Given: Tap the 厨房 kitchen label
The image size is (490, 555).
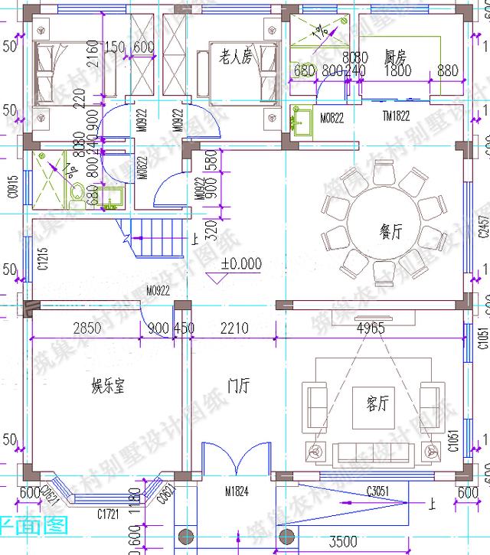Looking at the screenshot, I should click(395, 57).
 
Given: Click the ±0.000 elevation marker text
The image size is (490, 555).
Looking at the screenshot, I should click(241, 264).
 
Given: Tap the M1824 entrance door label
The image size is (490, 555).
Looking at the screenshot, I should click(237, 491).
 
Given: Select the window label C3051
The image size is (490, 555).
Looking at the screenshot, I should click(380, 490).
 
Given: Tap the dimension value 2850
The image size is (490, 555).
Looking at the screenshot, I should click(87, 329).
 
